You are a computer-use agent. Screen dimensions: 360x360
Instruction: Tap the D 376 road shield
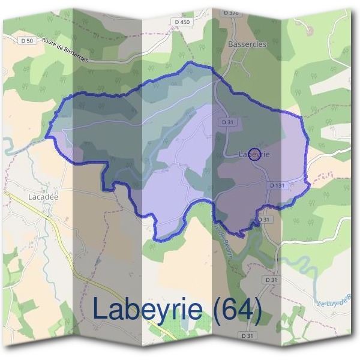[x=230, y=13]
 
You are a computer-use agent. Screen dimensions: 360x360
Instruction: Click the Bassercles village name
[x=247, y=44]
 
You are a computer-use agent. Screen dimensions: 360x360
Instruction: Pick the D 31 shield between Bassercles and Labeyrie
[x=227, y=122]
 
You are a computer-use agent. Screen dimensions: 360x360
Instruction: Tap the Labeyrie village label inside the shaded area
[x=254, y=155]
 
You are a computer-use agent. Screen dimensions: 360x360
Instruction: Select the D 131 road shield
[x=278, y=186]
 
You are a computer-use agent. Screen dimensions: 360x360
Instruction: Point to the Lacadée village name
[x=43, y=196]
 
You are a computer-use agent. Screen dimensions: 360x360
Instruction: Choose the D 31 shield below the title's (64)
[x=246, y=334]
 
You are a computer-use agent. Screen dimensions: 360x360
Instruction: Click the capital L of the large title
[x=102, y=309]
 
